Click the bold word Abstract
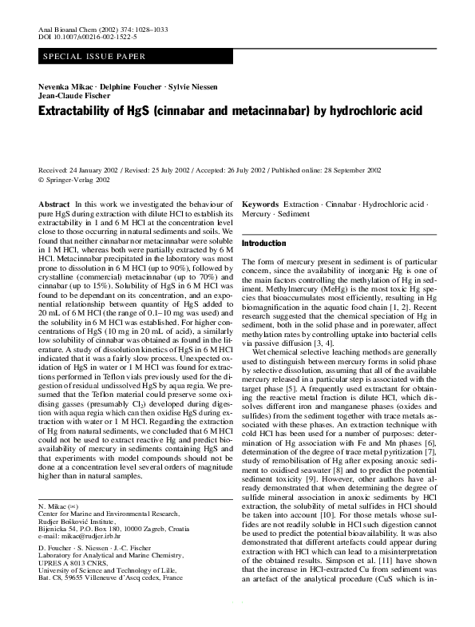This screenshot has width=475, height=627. pos(53,205)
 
